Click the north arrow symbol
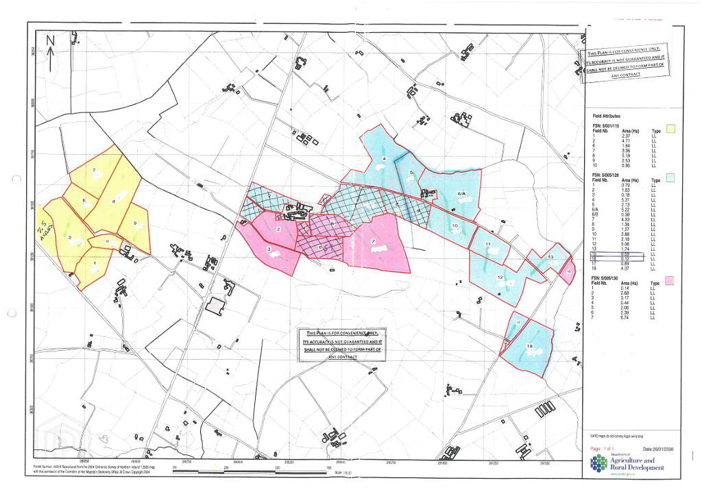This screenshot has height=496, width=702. point(50,44)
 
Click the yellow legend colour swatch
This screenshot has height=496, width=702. point(672,128)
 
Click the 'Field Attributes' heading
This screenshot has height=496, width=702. point(605,117)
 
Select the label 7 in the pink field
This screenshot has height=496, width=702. point(372,242)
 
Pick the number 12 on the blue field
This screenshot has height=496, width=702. point(500,277)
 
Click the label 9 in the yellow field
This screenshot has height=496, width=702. point(135,224)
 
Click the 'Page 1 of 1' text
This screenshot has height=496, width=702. point(604,448)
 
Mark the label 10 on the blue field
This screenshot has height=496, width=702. point(455,226)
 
